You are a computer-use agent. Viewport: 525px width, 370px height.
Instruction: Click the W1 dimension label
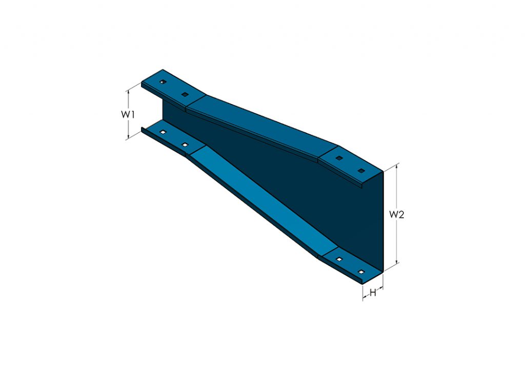click(x=128, y=114)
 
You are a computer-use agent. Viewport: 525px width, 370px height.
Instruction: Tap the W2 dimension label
click(x=396, y=215)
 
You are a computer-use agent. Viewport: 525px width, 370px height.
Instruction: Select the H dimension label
click(x=373, y=293)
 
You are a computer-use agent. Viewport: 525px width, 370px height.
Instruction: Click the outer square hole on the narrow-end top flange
click(x=162, y=82)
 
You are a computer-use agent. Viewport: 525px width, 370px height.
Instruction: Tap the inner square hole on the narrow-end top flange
click(x=185, y=95)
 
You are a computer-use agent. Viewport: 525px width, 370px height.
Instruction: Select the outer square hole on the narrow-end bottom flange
click(x=163, y=133)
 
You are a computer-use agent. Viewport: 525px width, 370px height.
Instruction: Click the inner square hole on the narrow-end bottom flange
click(x=185, y=146)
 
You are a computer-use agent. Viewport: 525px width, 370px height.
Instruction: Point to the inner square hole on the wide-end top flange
click(x=338, y=158)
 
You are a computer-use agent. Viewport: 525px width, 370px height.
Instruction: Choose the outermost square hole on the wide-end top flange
click(x=361, y=171)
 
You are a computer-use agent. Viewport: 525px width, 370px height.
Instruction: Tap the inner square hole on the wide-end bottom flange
click(x=338, y=259)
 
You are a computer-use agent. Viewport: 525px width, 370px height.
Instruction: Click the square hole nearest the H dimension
click(x=361, y=272)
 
